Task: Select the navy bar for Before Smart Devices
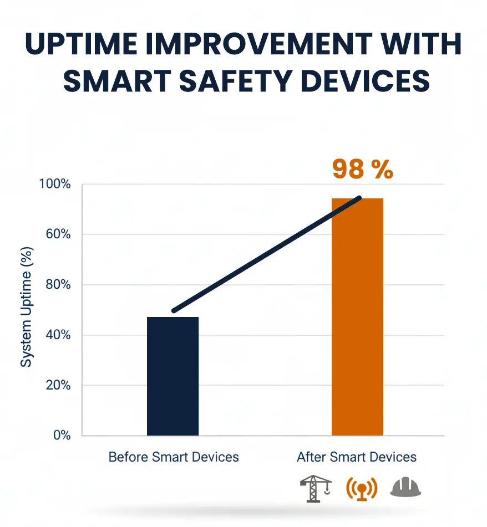tap(173, 376)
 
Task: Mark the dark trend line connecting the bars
tap(266, 254)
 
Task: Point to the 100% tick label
tap(54, 184)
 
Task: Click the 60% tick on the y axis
tap(57, 234)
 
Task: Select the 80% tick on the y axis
tap(57, 285)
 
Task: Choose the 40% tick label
tap(57, 335)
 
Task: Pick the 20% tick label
tap(57, 385)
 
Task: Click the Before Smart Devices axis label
tap(174, 457)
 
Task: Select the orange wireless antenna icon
tap(361, 488)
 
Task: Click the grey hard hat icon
tap(405, 488)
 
